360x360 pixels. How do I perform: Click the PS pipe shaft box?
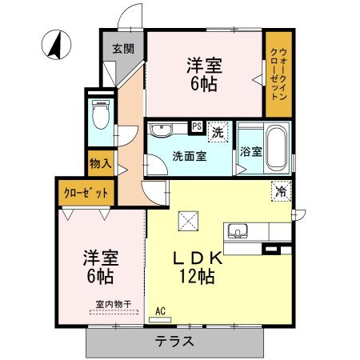pos(196,126)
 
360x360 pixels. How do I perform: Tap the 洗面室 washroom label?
pos(190,156)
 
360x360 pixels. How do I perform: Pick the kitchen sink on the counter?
pos(238,232)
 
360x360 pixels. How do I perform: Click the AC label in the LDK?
pos(160,310)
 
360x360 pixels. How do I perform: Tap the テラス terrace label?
pos(175,340)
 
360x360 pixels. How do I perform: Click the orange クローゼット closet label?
pos(82,194)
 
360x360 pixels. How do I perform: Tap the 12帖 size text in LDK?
pos(195,278)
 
